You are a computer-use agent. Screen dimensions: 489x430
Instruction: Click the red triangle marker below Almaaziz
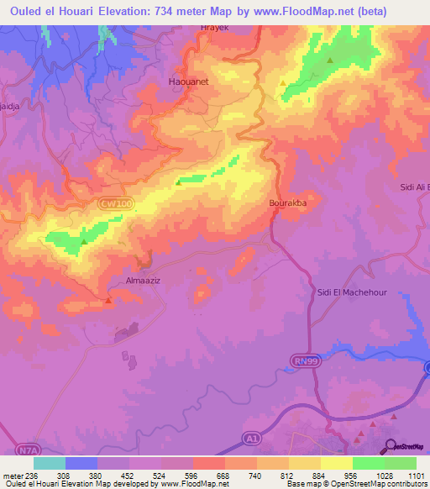109,299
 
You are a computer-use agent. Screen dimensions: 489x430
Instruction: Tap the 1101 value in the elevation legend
417,474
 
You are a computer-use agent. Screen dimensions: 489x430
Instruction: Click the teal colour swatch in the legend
50,463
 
